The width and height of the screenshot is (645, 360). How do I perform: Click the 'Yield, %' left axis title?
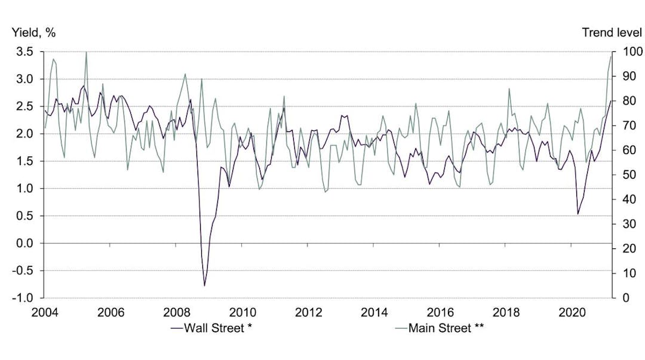(x=33, y=33)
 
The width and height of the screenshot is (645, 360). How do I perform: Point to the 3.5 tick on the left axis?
(x=24, y=52)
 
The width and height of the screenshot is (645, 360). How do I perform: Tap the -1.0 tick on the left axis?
(x=23, y=298)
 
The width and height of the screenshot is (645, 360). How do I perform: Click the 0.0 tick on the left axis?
(x=24, y=243)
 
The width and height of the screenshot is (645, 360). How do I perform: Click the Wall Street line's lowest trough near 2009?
(x=204, y=286)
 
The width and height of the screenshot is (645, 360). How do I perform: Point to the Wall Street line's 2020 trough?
(x=578, y=214)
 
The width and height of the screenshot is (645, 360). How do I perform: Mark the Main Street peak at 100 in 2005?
(x=86, y=52)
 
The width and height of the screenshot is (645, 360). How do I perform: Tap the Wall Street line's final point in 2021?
(x=611, y=101)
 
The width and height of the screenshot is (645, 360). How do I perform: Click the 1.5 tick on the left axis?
(x=24, y=161)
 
